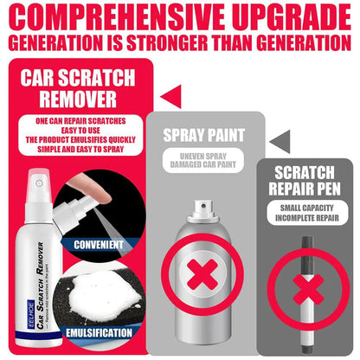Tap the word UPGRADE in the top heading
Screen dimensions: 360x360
point(292,18)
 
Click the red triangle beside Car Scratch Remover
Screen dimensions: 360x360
point(172,90)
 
